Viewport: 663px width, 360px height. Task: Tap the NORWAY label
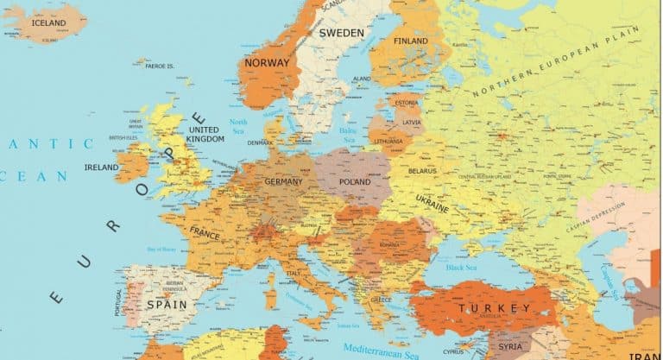(x=267, y=63)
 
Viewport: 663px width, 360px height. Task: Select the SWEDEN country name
(x=341, y=33)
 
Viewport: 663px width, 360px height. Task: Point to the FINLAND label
(x=410, y=41)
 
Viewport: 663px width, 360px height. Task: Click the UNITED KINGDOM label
(x=206, y=134)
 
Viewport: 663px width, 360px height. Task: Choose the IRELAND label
(x=101, y=167)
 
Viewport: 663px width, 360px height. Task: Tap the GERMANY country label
(x=283, y=182)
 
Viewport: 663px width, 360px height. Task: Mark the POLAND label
(x=355, y=183)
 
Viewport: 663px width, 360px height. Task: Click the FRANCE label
(x=205, y=234)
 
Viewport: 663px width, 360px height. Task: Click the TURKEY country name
(x=495, y=308)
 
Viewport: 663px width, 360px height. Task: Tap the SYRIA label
(x=510, y=346)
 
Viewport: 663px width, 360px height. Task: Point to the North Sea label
(x=238, y=127)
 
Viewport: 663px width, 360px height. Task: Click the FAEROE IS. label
(x=160, y=66)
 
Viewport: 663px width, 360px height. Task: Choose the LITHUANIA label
(x=388, y=141)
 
